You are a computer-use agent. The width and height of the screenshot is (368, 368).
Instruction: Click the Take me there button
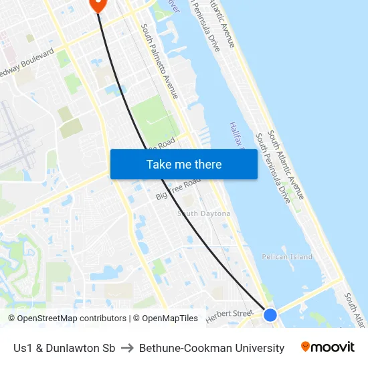[x=184, y=164]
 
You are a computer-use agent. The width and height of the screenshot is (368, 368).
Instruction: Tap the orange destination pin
[x=98, y=4]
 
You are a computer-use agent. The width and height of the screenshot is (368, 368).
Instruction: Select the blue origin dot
[x=270, y=314]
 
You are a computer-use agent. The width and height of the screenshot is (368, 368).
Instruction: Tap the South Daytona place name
[x=203, y=213]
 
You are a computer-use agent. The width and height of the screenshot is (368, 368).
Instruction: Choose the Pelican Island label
[x=287, y=257]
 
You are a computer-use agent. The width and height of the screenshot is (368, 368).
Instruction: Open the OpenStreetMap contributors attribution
[x=67, y=318]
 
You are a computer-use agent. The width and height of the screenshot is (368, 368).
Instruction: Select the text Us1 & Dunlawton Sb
[x=64, y=348]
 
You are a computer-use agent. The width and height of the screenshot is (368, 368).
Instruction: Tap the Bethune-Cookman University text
[x=212, y=348]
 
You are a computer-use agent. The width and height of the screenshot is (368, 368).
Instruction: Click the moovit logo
[x=328, y=347]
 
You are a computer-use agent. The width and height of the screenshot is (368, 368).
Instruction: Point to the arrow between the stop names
[x=126, y=348]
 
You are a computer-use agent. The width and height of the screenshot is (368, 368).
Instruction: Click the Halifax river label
[x=238, y=134]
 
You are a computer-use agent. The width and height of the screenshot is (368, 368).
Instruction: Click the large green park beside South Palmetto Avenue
[x=154, y=117]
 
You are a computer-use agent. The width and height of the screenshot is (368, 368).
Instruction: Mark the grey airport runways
[x=17, y=134]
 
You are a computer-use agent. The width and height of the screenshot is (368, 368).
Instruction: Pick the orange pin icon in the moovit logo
[x=306, y=347]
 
